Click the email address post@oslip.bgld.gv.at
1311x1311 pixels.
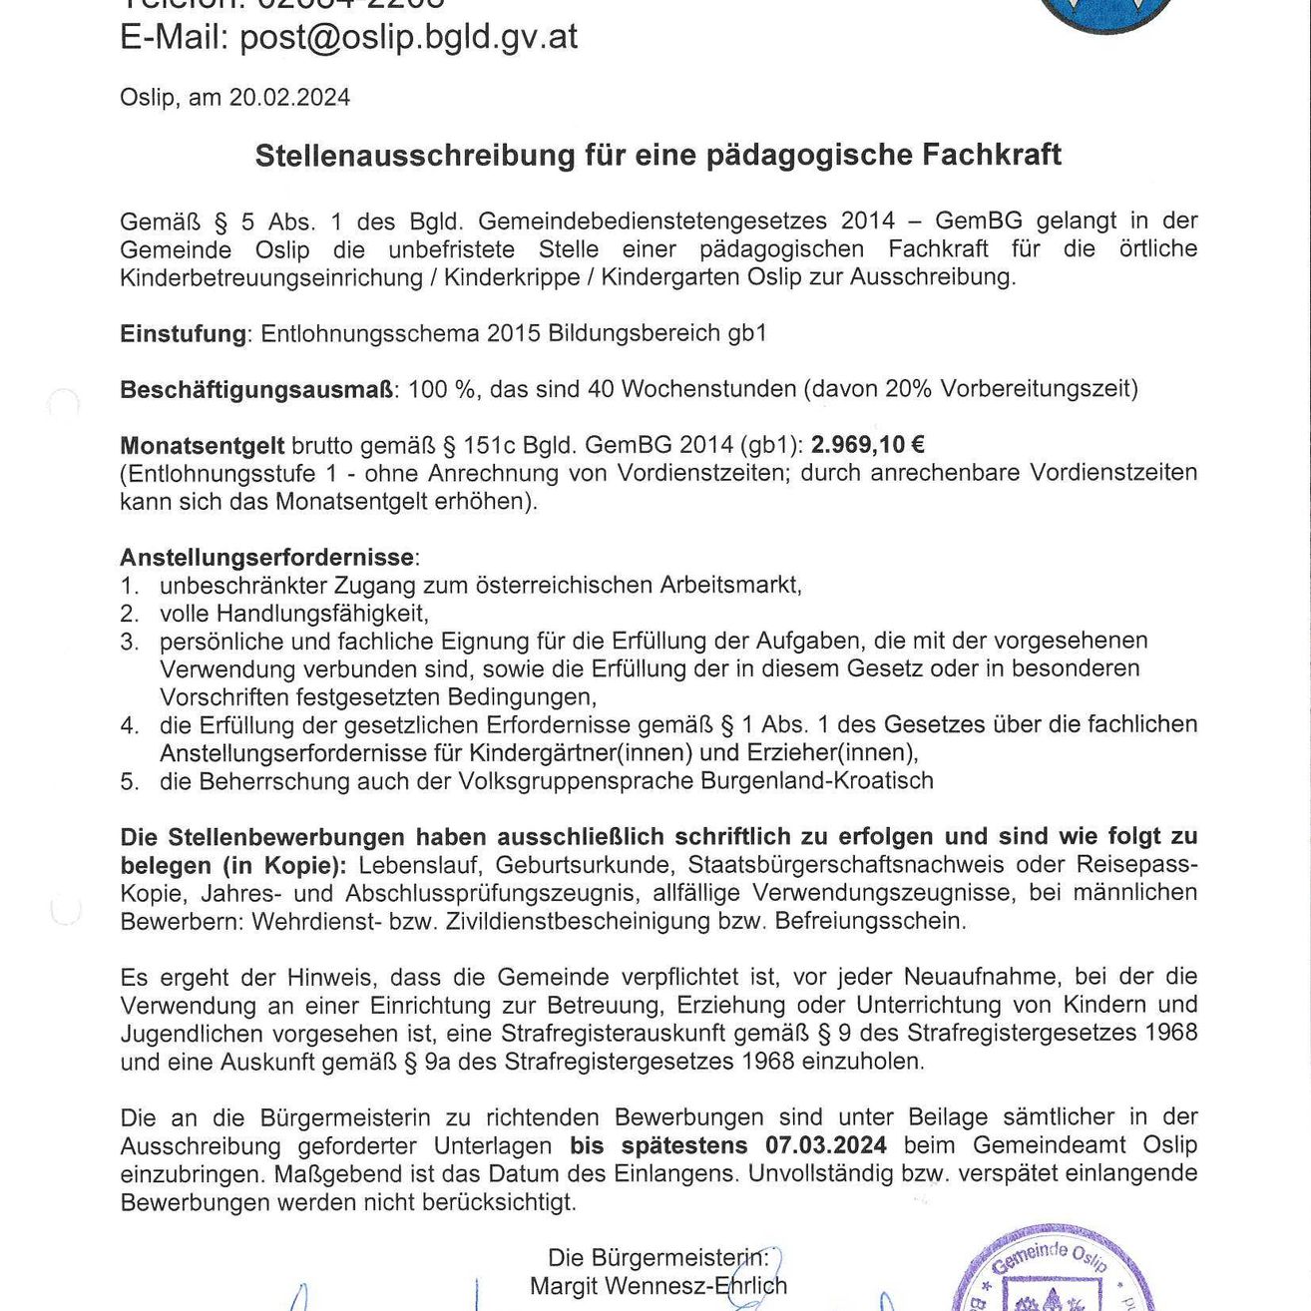(x=408, y=37)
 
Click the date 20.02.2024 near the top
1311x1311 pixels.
(x=289, y=98)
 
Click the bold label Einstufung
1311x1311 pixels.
(x=183, y=333)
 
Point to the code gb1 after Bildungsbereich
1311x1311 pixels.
(x=747, y=333)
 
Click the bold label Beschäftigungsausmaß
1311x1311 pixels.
(x=256, y=389)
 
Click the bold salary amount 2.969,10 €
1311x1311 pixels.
(x=867, y=445)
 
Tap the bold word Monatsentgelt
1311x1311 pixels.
(x=202, y=445)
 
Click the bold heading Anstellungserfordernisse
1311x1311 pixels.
(x=266, y=557)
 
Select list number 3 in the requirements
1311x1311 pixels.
(x=129, y=642)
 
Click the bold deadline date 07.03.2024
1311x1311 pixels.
(x=825, y=1145)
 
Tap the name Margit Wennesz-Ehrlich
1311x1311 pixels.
(x=657, y=1286)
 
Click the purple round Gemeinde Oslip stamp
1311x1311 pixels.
(x=1053, y=1272)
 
